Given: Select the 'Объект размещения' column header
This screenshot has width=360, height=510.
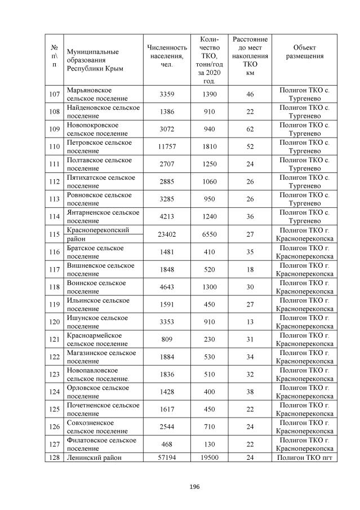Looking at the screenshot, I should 304,51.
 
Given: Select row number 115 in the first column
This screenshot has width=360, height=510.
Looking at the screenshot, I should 54,234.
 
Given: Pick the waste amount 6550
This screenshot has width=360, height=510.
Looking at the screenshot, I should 209,234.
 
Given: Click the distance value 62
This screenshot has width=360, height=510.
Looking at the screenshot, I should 250,130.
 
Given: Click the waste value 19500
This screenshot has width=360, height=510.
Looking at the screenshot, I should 209,458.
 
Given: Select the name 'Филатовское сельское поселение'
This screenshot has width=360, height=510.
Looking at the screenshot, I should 101,444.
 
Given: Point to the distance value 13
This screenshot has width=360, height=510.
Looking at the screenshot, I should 250,322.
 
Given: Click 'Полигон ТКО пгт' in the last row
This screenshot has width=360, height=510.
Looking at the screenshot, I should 304,458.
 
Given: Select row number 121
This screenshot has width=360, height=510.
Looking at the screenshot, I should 54,339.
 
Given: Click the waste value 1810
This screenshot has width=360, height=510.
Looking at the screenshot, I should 209,147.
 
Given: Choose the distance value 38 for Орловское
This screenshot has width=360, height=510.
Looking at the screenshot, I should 250,392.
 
